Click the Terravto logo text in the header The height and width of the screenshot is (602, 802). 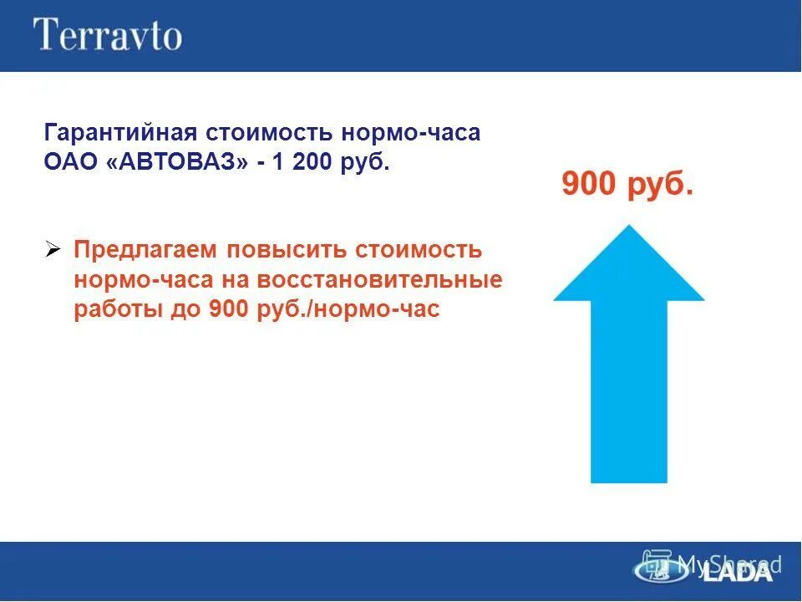(107, 35)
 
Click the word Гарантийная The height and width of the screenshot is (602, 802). (119, 134)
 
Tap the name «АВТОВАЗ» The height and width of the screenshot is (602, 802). (177, 161)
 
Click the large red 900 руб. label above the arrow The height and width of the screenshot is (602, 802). (627, 184)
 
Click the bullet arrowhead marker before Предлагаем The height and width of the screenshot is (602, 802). (53, 250)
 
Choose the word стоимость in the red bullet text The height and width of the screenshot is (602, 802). (419, 250)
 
